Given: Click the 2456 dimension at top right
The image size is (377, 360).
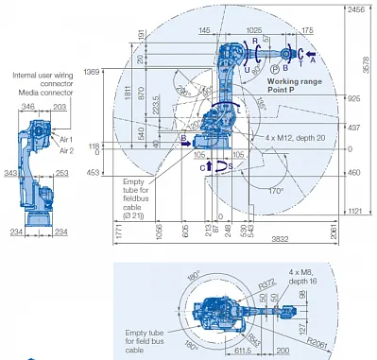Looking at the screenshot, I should pyautogui.click(x=356, y=9).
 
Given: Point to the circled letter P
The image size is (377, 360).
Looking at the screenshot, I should pyautogui.click(x=274, y=69).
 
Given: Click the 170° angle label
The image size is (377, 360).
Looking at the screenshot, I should pyautogui.click(x=273, y=190).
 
